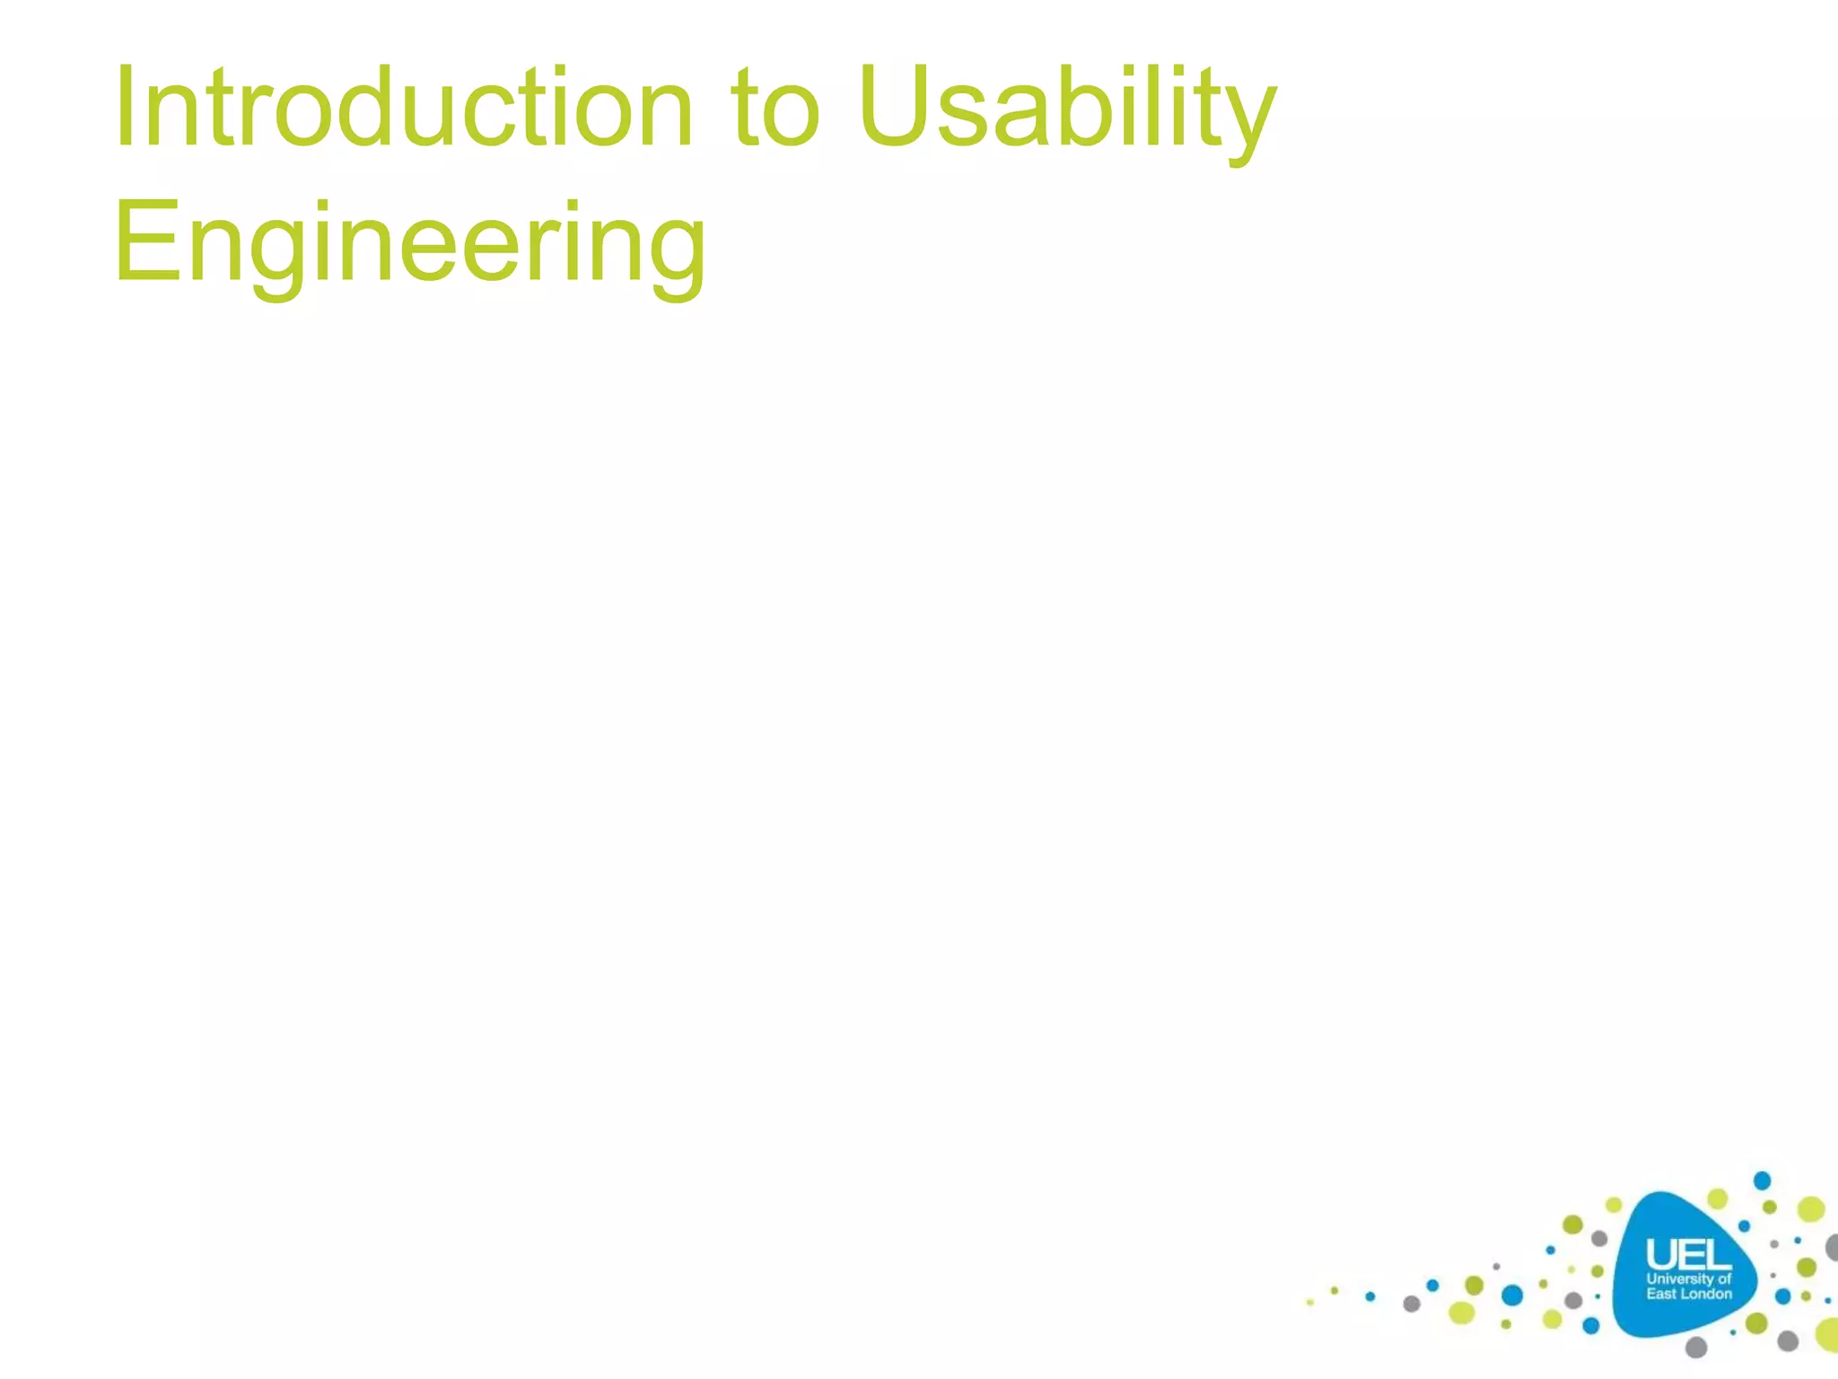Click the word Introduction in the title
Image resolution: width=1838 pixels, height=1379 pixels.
[x=404, y=108]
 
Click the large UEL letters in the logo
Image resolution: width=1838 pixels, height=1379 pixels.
[x=1688, y=1255]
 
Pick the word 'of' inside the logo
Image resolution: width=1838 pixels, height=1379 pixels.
[x=1724, y=1278]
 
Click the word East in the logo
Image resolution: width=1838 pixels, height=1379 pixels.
[x=1661, y=1294]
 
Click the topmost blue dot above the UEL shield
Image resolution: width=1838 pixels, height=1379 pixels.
[x=1762, y=1180]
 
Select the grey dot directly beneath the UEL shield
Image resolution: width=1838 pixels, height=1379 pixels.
[x=1695, y=1347]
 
